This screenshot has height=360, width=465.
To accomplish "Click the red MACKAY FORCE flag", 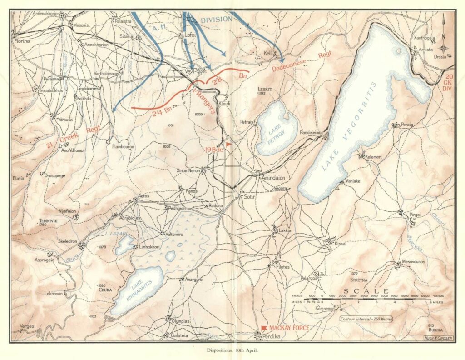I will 264,328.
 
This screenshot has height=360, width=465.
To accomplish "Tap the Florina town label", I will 21,41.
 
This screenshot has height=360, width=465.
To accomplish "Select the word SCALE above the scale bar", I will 366,291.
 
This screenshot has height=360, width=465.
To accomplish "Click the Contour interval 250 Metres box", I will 366,319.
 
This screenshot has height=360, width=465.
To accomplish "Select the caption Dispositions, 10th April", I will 232,351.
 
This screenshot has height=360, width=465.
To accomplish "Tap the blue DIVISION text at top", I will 216,20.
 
